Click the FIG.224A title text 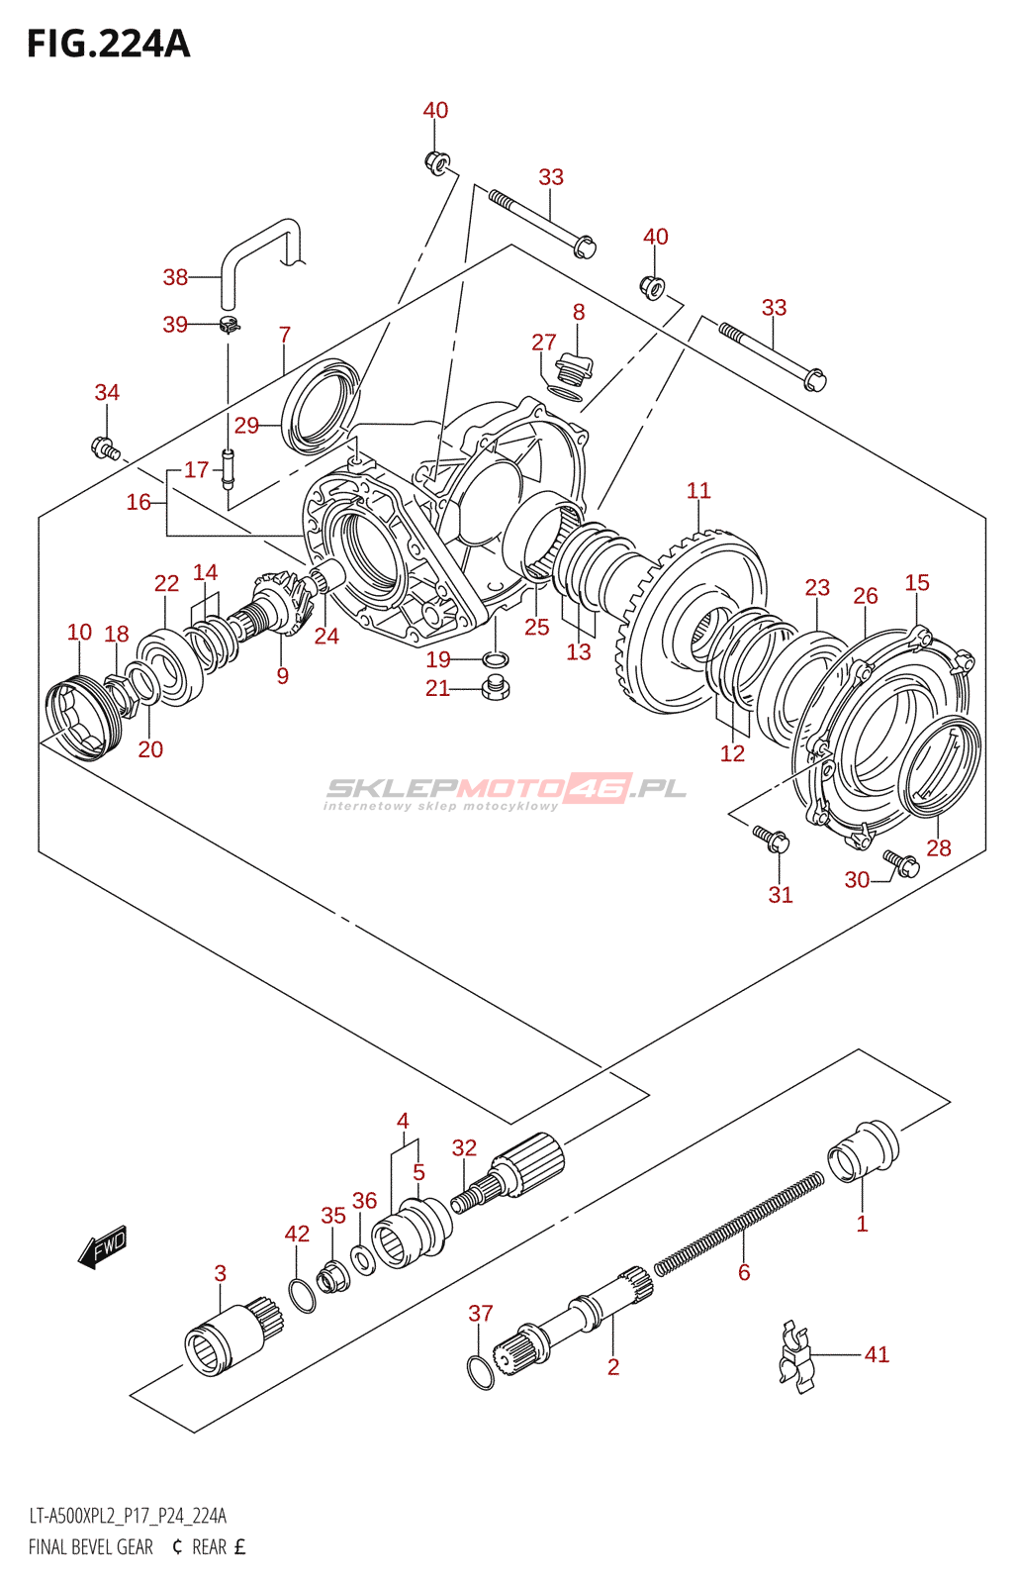point(108,44)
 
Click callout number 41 point(877,1354)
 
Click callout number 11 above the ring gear point(698,490)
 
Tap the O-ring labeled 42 point(303,1295)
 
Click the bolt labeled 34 point(106,448)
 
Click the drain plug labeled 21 point(495,687)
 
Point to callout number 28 point(939,847)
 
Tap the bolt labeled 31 point(771,839)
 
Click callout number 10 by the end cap point(80,632)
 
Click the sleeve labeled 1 point(863,1151)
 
